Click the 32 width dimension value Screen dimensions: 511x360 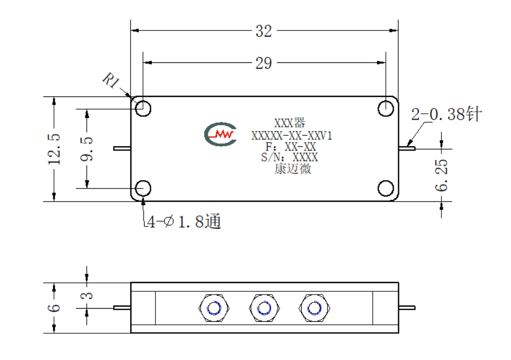click(264, 31)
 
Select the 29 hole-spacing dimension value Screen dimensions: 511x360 click(264, 63)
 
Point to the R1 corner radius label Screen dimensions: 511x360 click(111, 80)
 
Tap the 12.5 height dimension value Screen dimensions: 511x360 click(54, 149)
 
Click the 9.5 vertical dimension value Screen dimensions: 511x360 click(87, 149)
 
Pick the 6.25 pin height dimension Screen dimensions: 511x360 click(441, 175)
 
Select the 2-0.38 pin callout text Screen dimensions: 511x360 click(447, 114)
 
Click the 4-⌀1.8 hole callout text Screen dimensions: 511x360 click(184, 222)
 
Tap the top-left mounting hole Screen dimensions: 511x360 click(143, 108)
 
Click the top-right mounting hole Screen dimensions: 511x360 click(386, 108)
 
